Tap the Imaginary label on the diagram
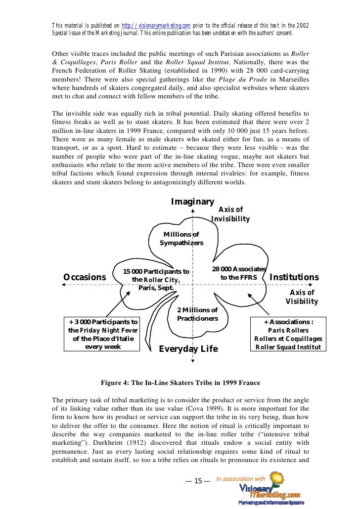192,202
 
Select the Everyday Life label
188,349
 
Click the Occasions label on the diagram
85,277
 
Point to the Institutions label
294,277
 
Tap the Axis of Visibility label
302,297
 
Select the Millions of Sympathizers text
181,239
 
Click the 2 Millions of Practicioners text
197,314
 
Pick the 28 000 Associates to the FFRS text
239,273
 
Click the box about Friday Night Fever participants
103,334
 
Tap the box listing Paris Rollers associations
288,334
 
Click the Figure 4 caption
180,382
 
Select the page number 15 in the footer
198,481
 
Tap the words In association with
241,479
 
